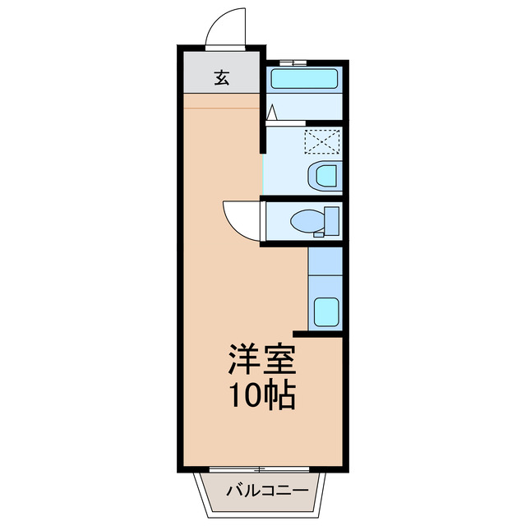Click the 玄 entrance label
[222, 78]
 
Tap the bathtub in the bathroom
[304, 80]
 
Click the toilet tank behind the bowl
[332, 221]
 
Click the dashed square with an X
[321, 142]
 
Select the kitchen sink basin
[326, 311]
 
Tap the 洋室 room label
[261, 360]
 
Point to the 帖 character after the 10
[280, 396]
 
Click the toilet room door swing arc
[239, 218]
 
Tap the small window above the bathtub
[292, 62]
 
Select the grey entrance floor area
[222, 79]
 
